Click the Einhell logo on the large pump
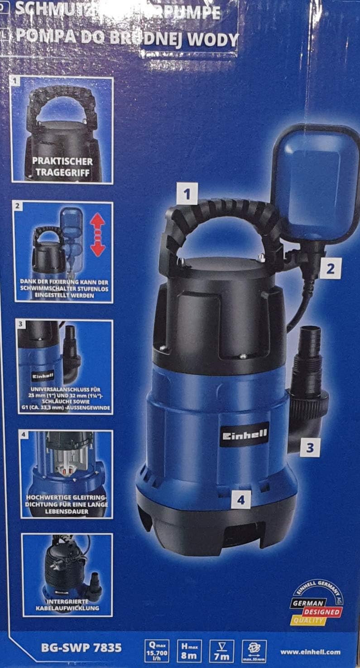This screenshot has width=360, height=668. tap(245, 434)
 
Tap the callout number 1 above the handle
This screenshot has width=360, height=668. tap(187, 194)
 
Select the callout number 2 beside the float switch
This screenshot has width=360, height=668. tap(330, 269)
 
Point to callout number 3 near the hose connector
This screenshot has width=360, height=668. tap(310, 447)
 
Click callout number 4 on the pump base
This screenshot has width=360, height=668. tap(240, 499)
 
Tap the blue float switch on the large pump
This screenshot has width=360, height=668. tap(315, 183)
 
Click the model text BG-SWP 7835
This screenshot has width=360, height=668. tap(82, 648)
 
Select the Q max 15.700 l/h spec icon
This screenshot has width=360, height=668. tap(157, 651)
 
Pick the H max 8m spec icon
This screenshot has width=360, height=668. tap(189, 651)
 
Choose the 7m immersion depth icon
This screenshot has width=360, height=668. tap(221, 651)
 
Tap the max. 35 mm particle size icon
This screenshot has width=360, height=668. tap(254, 651)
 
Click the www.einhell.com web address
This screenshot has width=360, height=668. tap(310, 652)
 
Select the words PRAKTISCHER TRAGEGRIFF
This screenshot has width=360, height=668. tap(62, 167)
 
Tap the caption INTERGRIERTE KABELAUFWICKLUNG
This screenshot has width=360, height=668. tap(67, 605)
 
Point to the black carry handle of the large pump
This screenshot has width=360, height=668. tap(222, 213)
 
